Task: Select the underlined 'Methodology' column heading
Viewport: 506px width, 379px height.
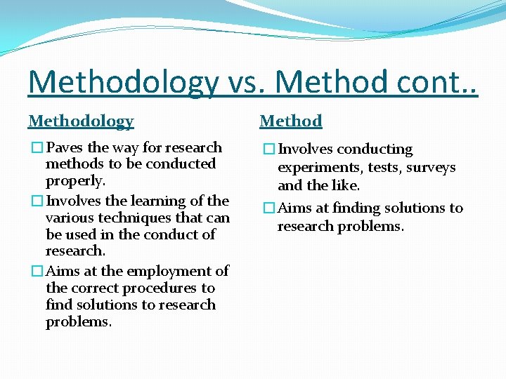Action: (x=81, y=121)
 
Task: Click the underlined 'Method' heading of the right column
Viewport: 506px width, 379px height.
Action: (x=291, y=121)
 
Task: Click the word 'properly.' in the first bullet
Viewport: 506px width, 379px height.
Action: (x=76, y=181)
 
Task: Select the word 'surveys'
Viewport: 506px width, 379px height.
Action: (x=432, y=168)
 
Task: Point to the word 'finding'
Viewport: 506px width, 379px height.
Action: (x=357, y=208)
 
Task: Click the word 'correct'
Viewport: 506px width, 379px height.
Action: (x=96, y=288)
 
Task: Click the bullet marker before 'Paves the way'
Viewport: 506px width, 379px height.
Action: (x=37, y=148)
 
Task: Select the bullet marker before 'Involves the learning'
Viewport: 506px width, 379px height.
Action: (x=37, y=201)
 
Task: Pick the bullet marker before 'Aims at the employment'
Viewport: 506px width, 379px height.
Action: (x=37, y=272)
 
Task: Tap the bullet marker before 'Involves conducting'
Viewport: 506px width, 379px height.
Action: (x=268, y=149)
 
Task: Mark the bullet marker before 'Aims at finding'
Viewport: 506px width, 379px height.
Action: (x=268, y=208)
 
